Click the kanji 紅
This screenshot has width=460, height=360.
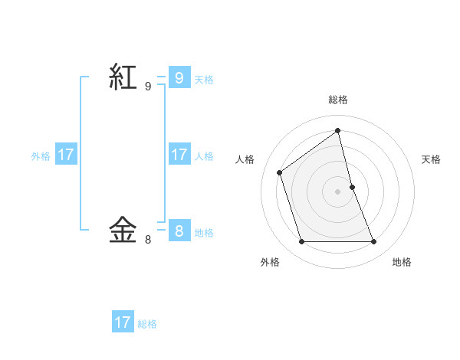tap(124, 77)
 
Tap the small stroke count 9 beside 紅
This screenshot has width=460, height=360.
tap(148, 87)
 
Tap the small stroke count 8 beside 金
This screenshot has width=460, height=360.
tap(148, 240)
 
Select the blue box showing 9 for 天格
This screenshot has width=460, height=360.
tap(179, 77)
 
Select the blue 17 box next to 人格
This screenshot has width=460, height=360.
tap(179, 155)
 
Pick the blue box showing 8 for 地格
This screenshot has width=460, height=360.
tap(179, 231)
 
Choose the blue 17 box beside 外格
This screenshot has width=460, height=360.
tap(66, 155)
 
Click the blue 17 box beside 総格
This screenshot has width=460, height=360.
tap(123, 322)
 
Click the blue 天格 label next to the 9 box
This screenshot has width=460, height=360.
tap(204, 79)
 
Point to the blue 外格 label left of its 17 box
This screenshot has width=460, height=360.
tap(41, 155)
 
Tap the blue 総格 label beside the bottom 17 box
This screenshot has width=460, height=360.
tap(147, 324)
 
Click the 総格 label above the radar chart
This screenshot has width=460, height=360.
tap(338, 100)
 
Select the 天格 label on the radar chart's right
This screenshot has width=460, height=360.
tap(431, 159)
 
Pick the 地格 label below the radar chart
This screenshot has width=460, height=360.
tap(402, 262)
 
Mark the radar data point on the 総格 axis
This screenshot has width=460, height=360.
tap(338, 130)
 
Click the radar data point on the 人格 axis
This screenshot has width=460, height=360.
tap(280, 172)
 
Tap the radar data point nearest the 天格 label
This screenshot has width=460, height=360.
tap(352, 187)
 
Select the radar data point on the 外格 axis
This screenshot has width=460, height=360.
tap(302, 242)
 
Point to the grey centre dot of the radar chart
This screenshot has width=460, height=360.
tap(338, 191)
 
